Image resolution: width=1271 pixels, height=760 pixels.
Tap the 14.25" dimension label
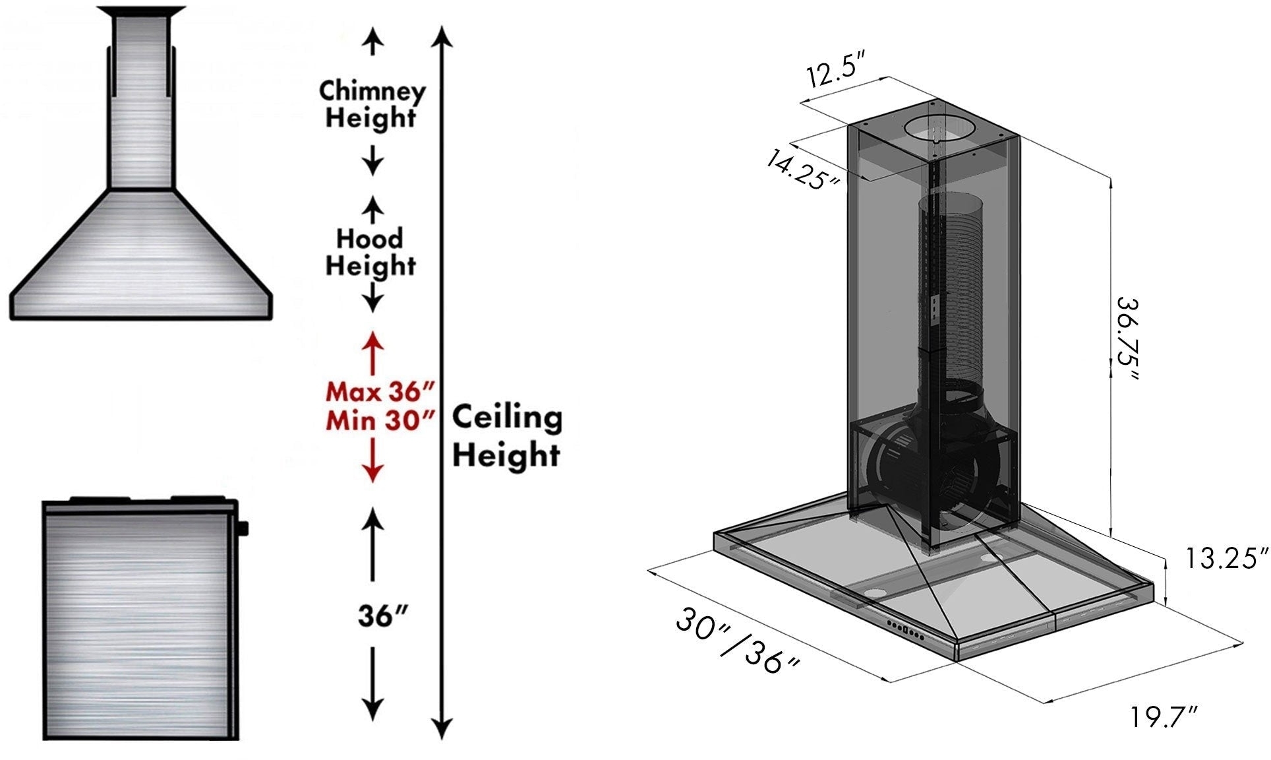(803, 170)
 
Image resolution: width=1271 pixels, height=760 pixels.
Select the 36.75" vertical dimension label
(1129, 338)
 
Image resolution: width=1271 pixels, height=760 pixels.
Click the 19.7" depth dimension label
(1164, 717)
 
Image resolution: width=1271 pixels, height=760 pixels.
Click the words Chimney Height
(372, 104)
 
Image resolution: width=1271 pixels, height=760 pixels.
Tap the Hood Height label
(370, 251)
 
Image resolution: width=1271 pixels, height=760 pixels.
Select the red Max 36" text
(380, 392)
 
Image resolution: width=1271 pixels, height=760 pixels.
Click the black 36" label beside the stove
(382, 616)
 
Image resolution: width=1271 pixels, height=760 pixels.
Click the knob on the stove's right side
(244, 528)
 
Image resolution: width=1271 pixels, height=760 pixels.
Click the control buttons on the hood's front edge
(906, 629)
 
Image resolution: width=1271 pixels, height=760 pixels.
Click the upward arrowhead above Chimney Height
(373, 43)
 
